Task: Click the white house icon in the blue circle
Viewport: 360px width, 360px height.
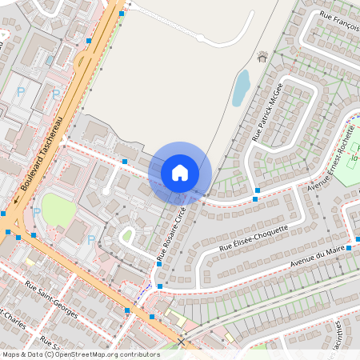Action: tap(180, 172)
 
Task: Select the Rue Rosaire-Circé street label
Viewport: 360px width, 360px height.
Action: tap(172, 234)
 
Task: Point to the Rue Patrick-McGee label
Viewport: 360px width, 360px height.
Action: tap(268, 113)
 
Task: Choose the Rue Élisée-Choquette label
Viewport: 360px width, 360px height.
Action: tap(256, 239)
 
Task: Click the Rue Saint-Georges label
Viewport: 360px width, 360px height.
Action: tap(51, 300)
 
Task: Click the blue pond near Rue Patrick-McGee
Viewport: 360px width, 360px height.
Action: tap(240, 87)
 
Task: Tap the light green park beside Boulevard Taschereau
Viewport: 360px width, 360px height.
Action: tap(58, 210)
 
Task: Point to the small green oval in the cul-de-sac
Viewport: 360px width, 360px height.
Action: tap(126, 235)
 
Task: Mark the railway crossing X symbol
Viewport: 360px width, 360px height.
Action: tap(182, 342)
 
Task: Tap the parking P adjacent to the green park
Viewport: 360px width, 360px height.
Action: tap(38, 212)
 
